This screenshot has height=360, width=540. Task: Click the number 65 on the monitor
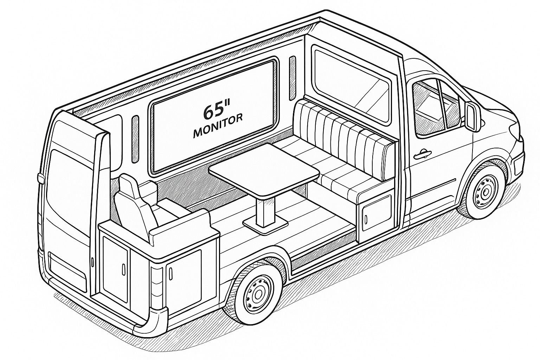[213, 110]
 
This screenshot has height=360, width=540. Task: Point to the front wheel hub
[486, 192]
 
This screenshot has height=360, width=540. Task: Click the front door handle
[422, 154]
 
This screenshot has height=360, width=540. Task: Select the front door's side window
[431, 105]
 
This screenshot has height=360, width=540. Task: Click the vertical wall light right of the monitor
[292, 77]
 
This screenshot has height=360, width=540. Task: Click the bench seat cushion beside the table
[337, 176]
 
